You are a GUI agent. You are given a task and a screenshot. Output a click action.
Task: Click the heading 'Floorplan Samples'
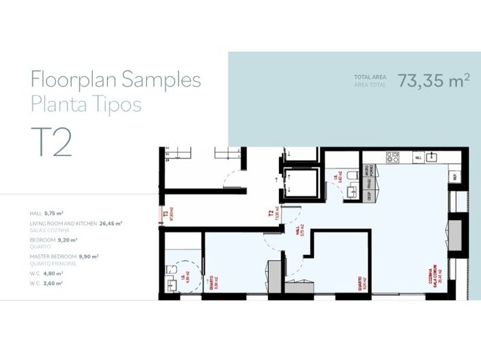[115, 80]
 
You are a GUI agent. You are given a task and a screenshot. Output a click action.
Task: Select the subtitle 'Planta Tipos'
[86, 104]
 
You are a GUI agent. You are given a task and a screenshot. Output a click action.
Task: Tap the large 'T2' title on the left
[51, 142]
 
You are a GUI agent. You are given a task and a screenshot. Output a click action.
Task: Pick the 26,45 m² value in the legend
[111, 223]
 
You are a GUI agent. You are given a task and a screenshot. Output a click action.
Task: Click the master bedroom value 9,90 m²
[88, 256]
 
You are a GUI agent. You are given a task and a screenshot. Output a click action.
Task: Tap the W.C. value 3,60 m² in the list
[54, 282]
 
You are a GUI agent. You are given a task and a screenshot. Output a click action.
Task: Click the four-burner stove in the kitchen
[393, 157]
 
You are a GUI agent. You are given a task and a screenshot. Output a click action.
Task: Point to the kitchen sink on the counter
[432, 157]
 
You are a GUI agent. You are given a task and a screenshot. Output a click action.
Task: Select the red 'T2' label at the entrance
[271, 213]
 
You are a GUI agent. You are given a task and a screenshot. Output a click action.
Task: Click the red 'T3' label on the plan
[165, 213]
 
